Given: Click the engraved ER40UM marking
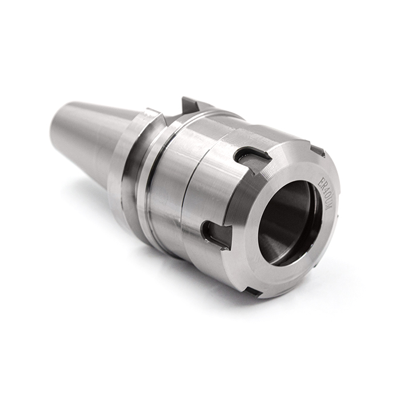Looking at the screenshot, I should point(323,193).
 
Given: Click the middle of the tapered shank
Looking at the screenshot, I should point(91,137).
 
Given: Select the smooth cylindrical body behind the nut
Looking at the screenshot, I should point(166,183).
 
